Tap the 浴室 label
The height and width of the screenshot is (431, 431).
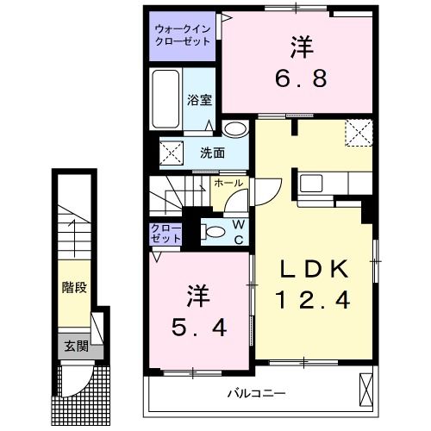[x=200, y=98]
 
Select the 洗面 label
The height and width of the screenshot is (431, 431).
[x=212, y=153]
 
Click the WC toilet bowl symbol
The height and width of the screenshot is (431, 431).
[x=210, y=231]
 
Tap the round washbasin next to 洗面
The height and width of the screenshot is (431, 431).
[x=234, y=129]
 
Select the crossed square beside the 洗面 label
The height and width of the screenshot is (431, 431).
[x=172, y=154]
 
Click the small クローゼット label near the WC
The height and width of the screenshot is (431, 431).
[x=166, y=233]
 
